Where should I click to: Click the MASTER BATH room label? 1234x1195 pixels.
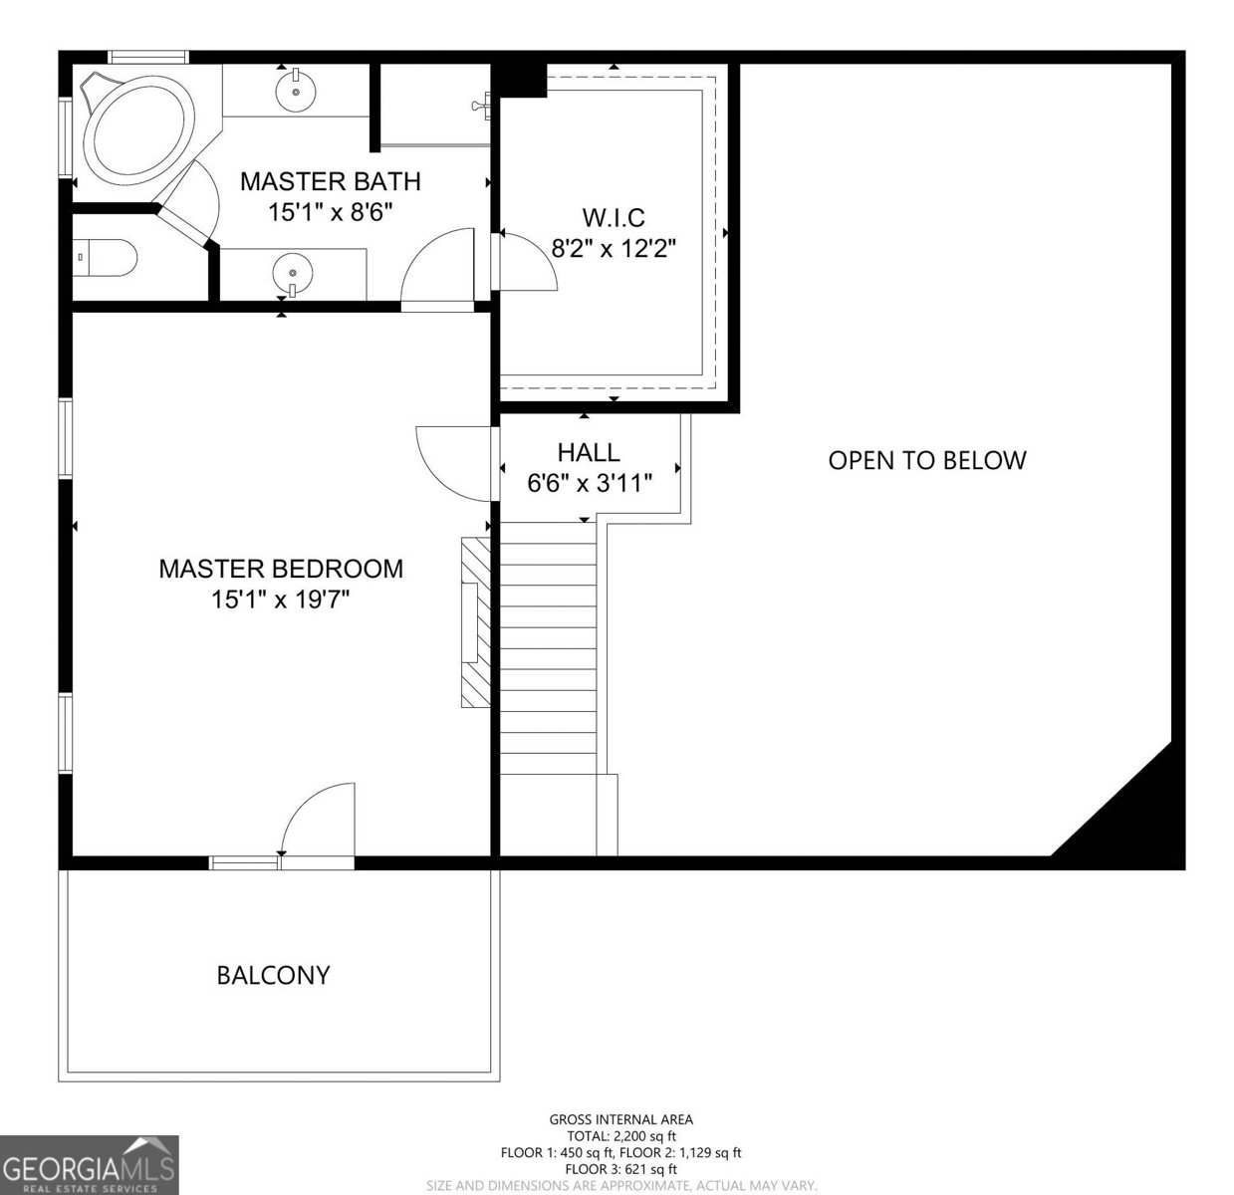(x=331, y=181)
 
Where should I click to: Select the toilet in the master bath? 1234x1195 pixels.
(x=105, y=257)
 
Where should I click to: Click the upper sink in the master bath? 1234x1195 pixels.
(x=296, y=90)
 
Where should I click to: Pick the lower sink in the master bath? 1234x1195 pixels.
(x=293, y=275)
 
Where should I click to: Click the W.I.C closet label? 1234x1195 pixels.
(x=614, y=217)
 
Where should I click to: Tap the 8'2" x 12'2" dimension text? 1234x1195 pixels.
(x=614, y=249)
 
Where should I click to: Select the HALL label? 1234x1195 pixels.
(x=589, y=453)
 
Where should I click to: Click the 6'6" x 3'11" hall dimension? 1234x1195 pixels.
(x=589, y=483)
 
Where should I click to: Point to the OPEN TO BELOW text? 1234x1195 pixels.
(x=927, y=460)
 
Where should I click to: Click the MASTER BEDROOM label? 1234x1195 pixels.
(x=281, y=569)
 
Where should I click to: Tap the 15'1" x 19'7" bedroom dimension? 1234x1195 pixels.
(x=280, y=599)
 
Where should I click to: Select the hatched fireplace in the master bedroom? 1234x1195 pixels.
(x=476, y=622)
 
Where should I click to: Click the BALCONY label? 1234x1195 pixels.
(x=273, y=975)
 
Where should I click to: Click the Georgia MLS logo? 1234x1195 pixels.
(x=89, y=1165)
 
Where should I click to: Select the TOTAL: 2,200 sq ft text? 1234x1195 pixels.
(x=620, y=1136)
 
